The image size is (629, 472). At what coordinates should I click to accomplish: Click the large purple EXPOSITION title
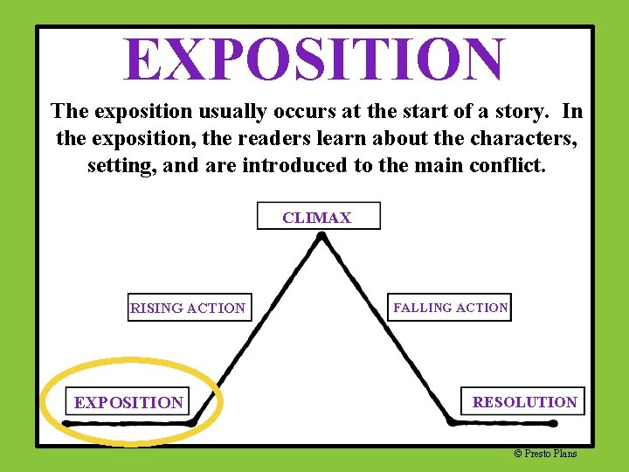[x=314, y=59]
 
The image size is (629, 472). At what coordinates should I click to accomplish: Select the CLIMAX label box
[x=318, y=217]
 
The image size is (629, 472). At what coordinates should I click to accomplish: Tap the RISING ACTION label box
[x=189, y=308]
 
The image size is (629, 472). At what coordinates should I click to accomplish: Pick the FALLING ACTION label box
[x=450, y=308]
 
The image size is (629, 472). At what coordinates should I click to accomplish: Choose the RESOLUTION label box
[x=524, y=402]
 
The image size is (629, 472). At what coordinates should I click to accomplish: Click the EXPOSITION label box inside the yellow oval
[x=128, y=402]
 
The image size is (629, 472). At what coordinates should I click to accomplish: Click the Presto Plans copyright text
[x=545, y=453]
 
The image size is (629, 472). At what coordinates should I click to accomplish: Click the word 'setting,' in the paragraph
[x=118, y=165]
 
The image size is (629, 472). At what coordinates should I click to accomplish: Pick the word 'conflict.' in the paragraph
[x=508, y=165]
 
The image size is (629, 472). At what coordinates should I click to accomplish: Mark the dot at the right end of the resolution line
[x=553, y=423]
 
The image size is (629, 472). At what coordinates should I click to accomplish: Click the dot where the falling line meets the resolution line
[x=452, y=421]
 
